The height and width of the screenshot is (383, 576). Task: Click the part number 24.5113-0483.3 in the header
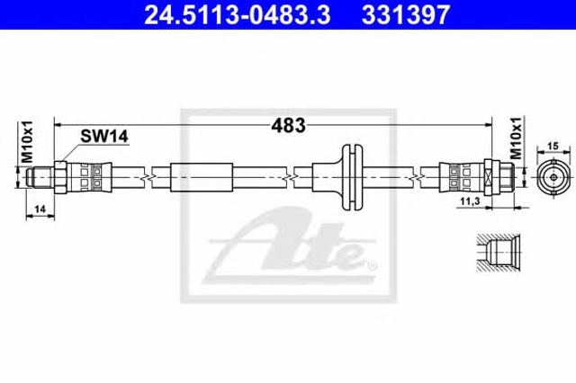click(238, 15)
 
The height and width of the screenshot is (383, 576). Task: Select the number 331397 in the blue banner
click(406, 15)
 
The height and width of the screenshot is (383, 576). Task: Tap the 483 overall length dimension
click(288, 126)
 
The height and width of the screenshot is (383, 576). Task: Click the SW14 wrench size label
click(104, 137)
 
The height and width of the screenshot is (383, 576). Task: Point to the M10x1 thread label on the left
click(27, 142)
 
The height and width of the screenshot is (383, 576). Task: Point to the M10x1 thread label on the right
click(516, 138)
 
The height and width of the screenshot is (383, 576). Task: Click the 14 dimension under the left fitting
click(40, 209)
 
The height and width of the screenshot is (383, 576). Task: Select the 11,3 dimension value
click(470, 201)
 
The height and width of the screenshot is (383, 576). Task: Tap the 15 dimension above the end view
click(553, 146)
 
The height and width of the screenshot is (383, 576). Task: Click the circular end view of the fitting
click(553, 177)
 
